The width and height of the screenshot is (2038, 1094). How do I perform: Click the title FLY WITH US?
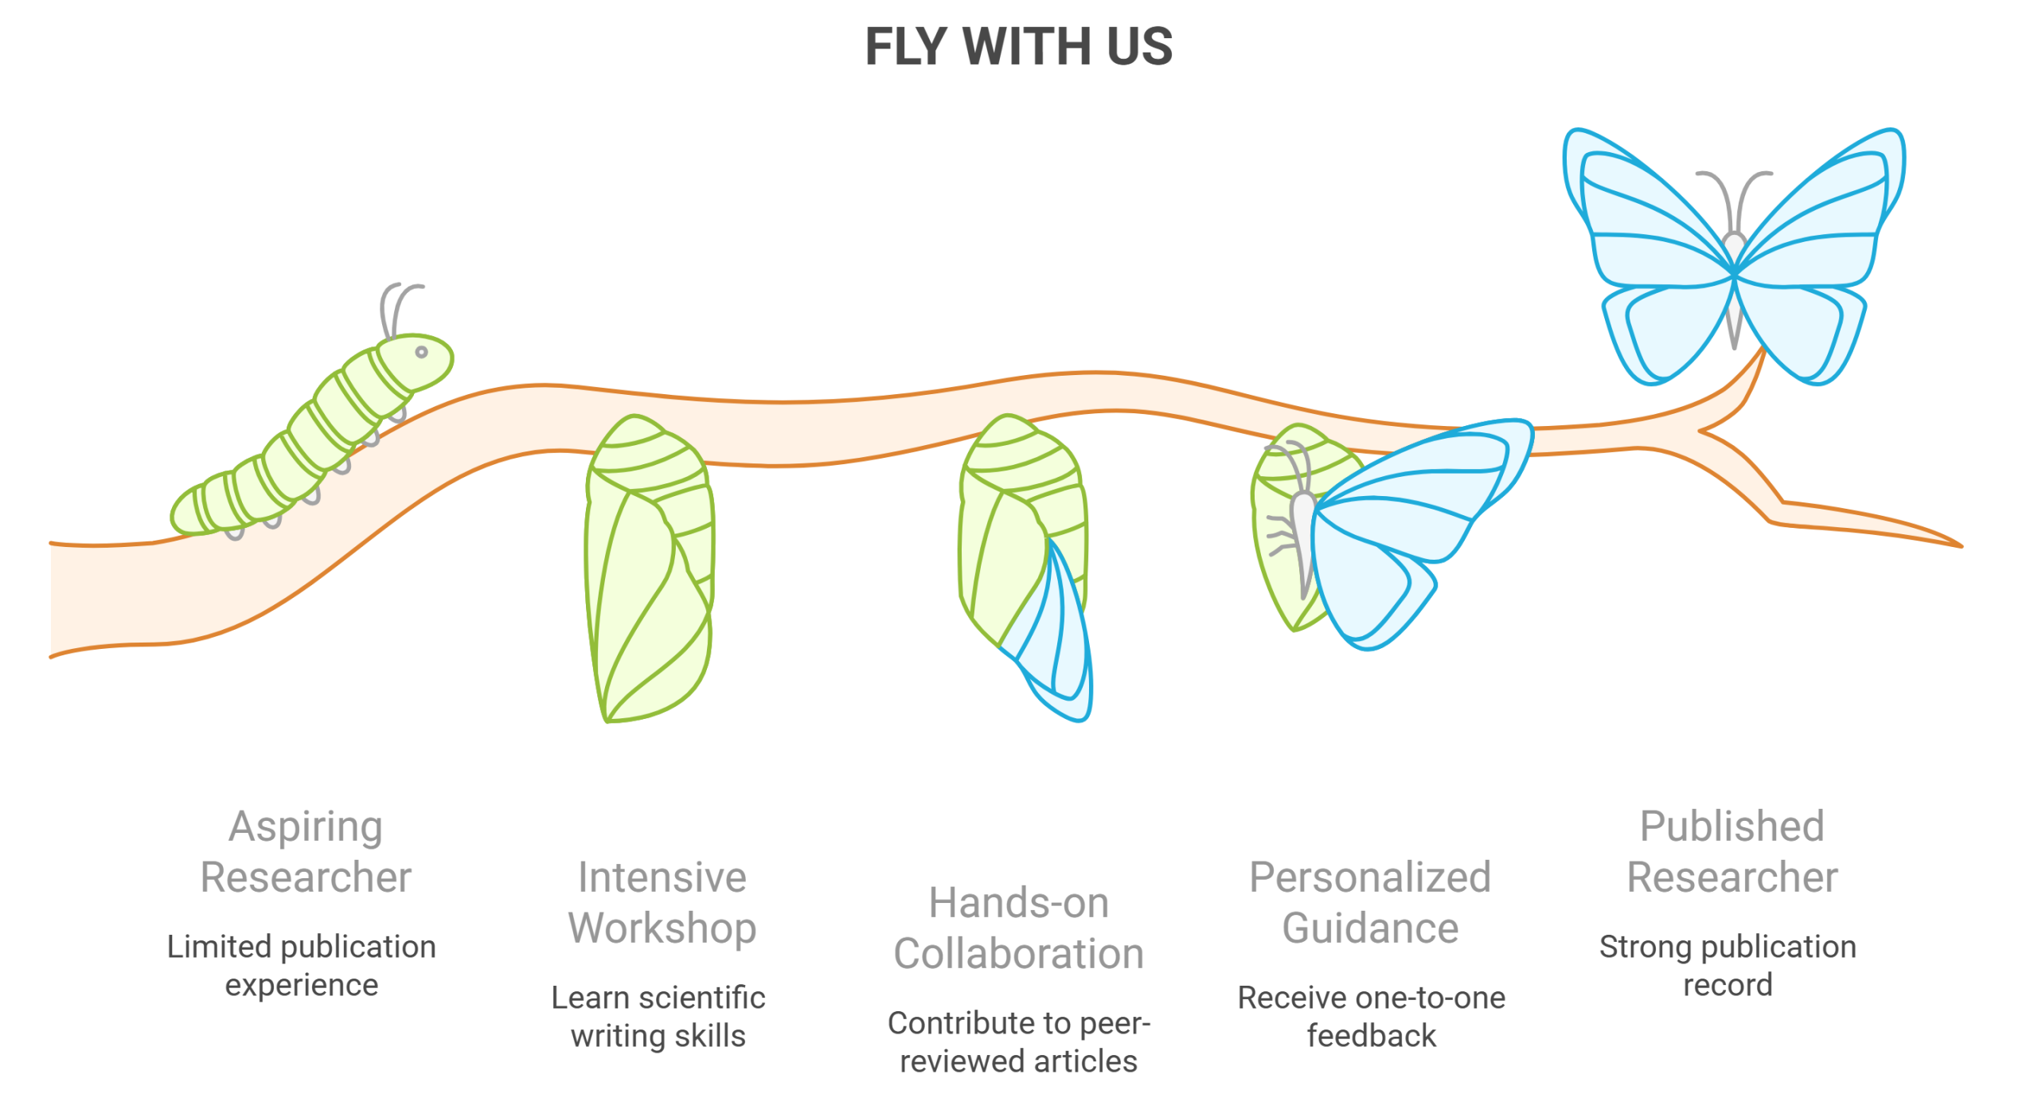[1018, 46]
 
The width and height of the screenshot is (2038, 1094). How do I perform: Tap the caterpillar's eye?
[421, 351]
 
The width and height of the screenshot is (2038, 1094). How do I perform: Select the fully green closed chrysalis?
[649, 569]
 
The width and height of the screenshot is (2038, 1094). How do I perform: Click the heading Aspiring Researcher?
[306, 852]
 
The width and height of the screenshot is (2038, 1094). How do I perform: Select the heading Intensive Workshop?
[662, 903]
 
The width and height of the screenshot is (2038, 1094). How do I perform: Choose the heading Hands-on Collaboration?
[1018, 928]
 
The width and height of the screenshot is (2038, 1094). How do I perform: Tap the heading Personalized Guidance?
[1370, 903]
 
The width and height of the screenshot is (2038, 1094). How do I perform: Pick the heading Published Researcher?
[1732, 852]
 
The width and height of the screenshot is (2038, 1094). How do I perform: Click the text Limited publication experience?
[302, 966]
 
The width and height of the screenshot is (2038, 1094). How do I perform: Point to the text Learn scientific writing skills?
[658, 1017]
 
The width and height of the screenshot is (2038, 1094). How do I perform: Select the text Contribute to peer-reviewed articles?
[1018, 1042]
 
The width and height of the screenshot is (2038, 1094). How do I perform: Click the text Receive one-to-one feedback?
[1371, 1017]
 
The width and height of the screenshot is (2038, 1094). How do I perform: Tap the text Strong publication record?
[1728, 966]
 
